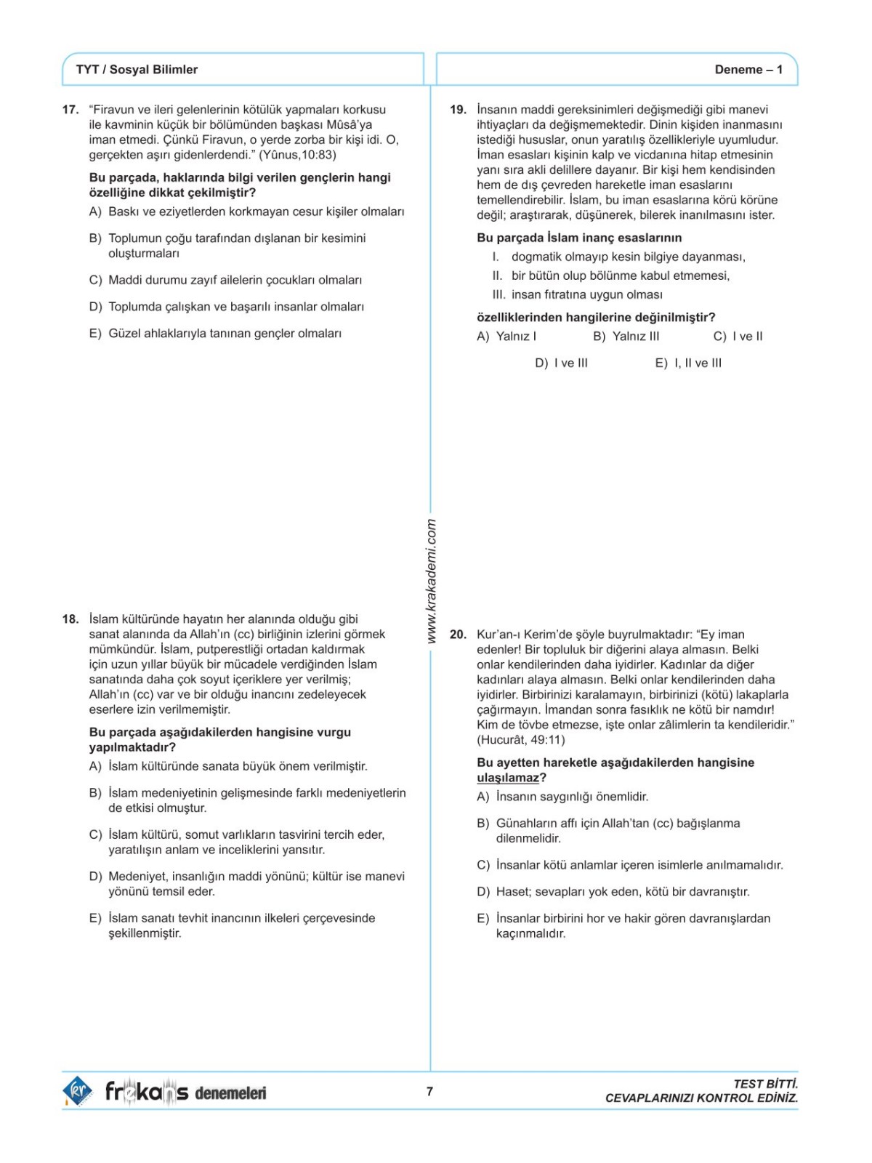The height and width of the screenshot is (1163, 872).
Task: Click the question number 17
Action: [x=70, y=110]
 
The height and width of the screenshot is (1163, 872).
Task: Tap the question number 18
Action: [x=70, y=619]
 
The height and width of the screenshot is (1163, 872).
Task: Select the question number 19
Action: [x=458, y=110]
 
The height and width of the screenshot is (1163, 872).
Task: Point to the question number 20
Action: [x=458, y=635]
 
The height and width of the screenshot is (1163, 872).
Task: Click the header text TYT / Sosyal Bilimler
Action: [x=137, y=70]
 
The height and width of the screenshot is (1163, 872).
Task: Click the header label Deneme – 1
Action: [x=748, y=70]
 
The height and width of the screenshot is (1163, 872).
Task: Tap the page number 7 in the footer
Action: [x=429, y=1091]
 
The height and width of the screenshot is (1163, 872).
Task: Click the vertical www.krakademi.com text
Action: [x=431, y=581]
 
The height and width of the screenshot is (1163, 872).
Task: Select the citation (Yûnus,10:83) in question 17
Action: [x=298, y=155]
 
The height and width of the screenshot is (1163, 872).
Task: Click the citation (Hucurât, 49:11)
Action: [x=520, y=740]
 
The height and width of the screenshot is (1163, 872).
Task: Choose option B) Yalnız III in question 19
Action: [x=626, y=337]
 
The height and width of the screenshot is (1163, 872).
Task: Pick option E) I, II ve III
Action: [x=688, y=363]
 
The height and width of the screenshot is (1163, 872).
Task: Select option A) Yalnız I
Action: [x=506, y=337]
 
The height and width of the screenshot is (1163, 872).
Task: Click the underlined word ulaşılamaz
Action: [x=508, y=778]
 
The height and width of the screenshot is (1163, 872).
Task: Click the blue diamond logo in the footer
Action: [x=77, y=1091]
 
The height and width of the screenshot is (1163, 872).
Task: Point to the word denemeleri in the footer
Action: [x=230, y=1092]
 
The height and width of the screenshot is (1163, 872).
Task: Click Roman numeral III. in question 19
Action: [x=498, y=295]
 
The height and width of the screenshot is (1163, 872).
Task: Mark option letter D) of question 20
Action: [x=483, y=892]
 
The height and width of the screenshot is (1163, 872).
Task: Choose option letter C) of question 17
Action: [x=95, y=281]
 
